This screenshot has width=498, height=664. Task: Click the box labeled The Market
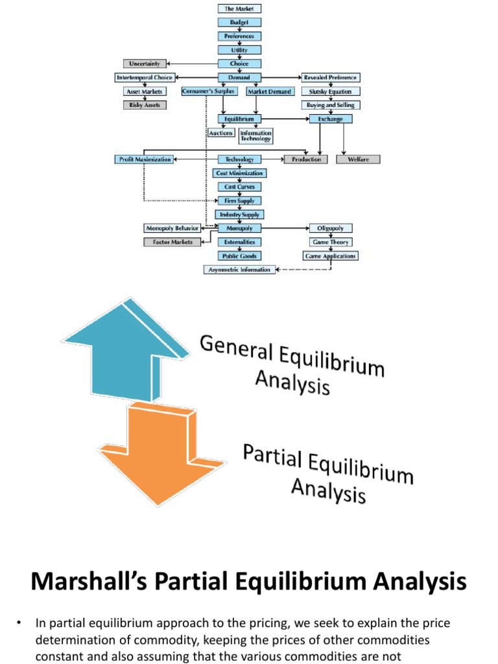239,9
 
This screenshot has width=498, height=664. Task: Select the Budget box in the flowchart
239,22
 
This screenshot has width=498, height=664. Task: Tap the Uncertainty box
145,64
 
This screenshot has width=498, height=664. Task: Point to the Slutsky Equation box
330,91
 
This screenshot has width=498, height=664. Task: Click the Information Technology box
255,136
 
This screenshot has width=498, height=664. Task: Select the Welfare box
358,159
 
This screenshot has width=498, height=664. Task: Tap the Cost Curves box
239,187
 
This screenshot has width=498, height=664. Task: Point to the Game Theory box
330,242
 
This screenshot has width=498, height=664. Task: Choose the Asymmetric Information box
239,270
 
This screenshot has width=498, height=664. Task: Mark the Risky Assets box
145,104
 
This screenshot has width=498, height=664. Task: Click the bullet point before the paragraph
19,624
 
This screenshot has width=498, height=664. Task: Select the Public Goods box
239,256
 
